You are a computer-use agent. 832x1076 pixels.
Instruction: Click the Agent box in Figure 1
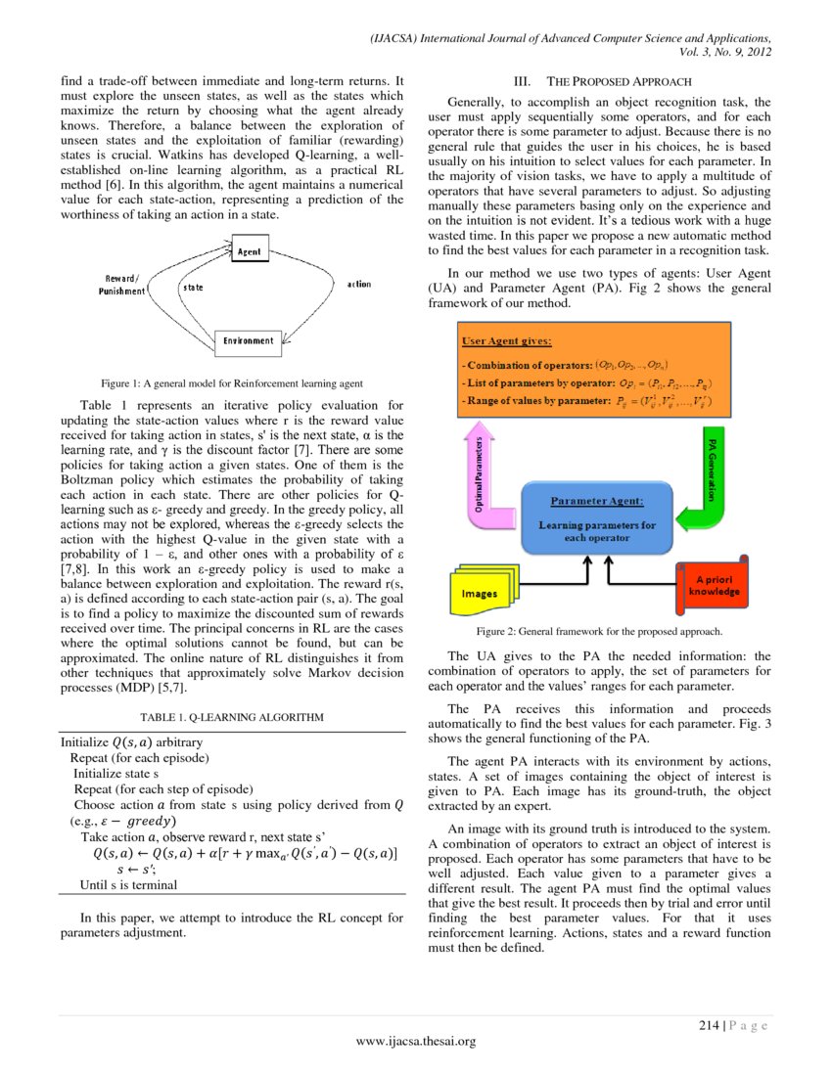pos(249,252)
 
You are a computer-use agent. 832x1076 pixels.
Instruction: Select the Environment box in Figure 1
pos(248,340)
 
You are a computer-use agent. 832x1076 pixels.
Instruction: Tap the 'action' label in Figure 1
pos(359,285)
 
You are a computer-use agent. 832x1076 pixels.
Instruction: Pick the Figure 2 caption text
pos(598,632)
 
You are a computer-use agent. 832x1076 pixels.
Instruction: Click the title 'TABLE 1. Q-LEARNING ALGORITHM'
pos(232,716)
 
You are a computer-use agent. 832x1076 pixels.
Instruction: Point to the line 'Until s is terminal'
pos(128,884)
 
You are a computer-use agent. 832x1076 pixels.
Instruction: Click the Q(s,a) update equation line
pos(245,853)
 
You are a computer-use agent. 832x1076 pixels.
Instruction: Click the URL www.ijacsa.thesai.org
pos(415,1041)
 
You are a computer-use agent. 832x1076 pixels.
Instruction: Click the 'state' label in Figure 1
pos(192,288)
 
